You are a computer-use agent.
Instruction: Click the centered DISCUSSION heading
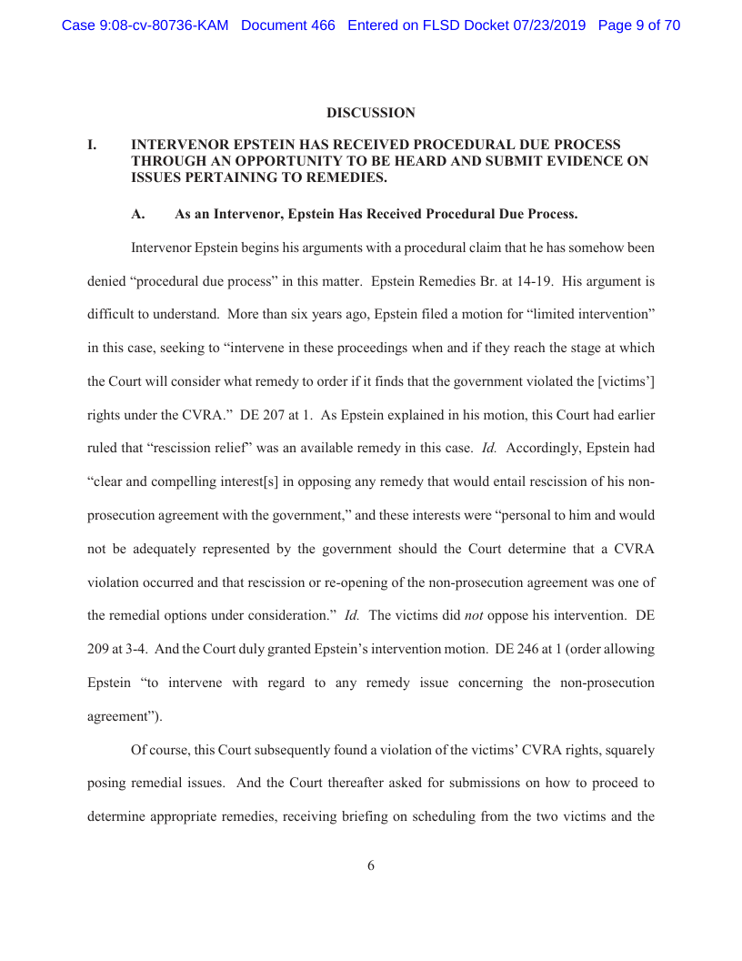(371, 113)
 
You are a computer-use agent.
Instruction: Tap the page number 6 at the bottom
(371, 865)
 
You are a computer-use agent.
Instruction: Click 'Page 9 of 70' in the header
(638, 25)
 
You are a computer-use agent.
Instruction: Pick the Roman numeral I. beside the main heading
(92, 145)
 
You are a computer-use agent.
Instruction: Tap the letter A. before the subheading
(138, 215)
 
